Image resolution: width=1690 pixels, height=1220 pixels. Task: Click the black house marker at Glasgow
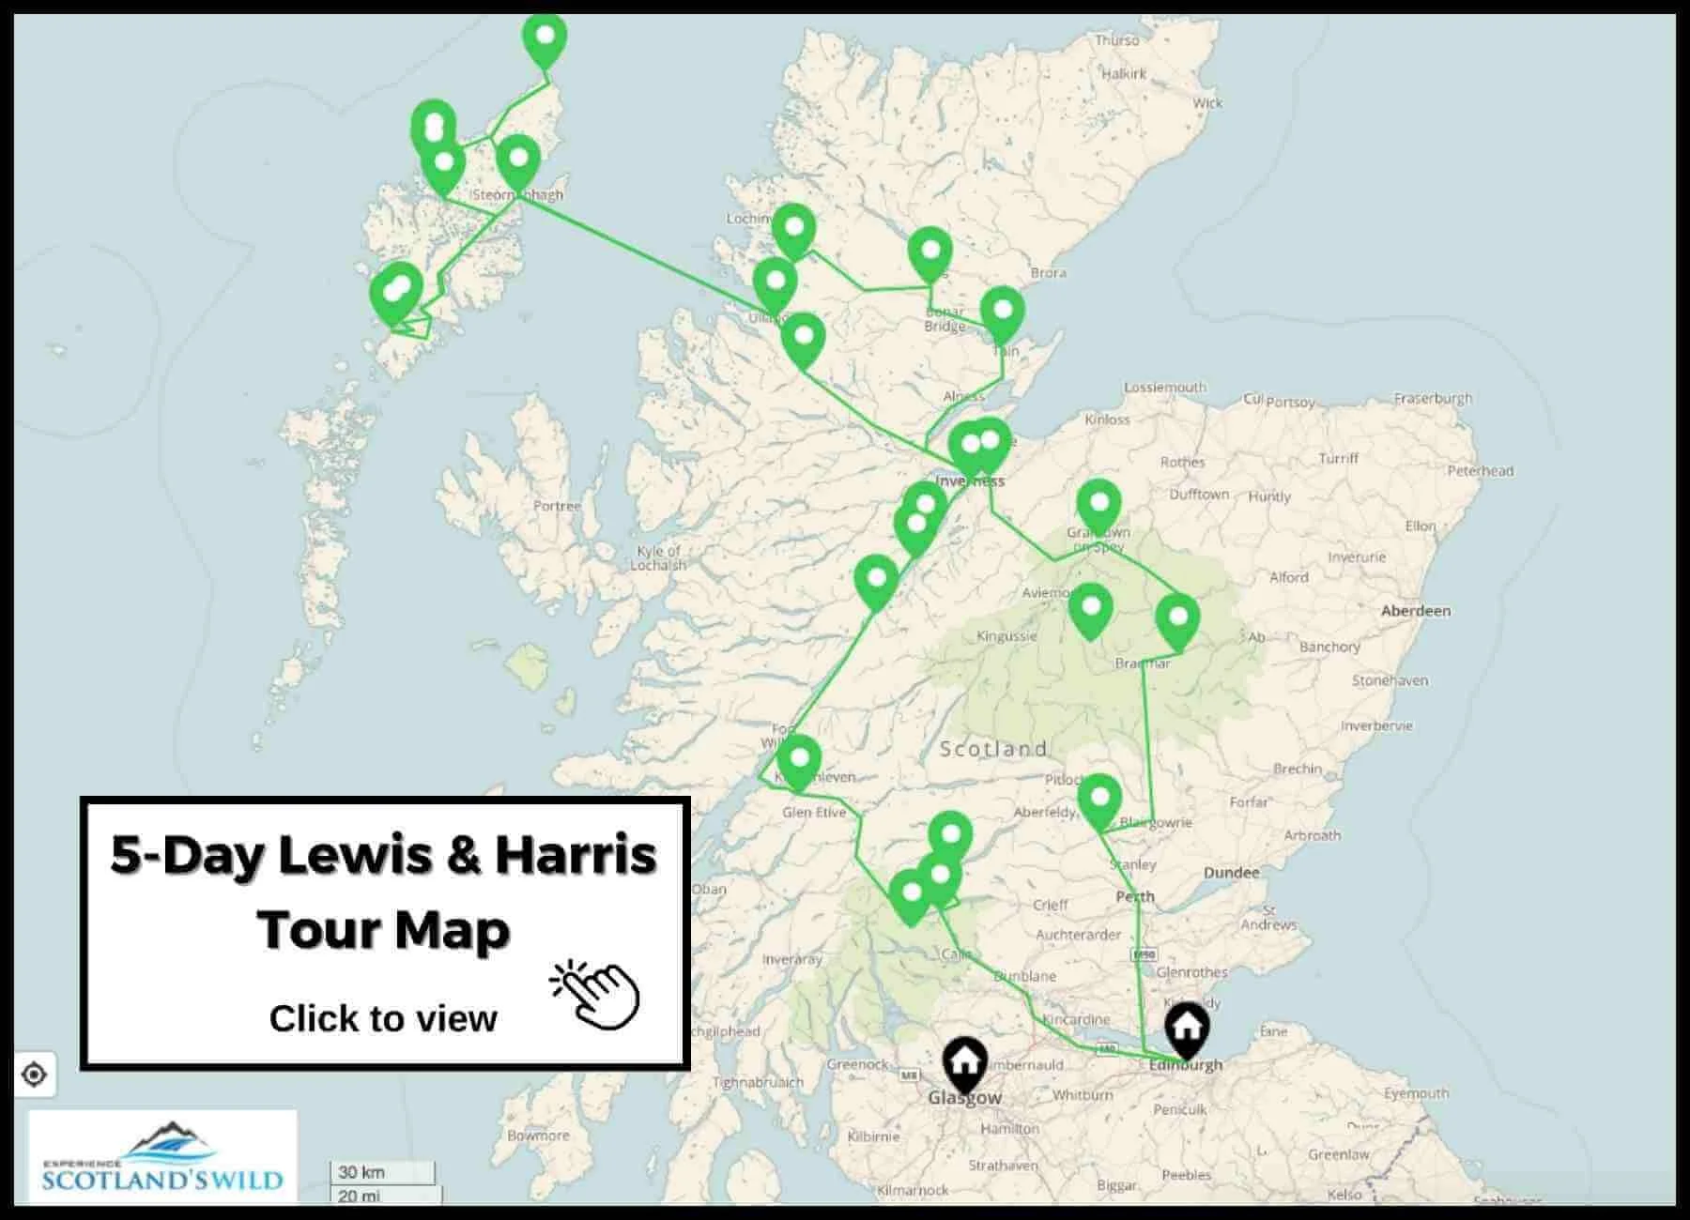(x=964, y=1063)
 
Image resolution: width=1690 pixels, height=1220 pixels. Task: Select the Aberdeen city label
(x=1415, y=611)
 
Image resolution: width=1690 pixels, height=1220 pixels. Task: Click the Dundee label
(x=1231, y=873)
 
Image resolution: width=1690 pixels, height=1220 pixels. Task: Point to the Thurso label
(x=1116, y=40)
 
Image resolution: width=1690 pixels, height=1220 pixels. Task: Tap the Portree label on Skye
(x=557, y=506)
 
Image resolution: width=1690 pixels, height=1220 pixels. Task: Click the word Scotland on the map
(x=992, y=749)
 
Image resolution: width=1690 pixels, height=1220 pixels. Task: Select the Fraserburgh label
(x=1433, y=398)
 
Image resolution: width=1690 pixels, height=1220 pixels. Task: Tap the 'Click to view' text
(x=383, y=1018)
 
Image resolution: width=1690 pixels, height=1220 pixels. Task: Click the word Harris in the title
(x=576, y=855)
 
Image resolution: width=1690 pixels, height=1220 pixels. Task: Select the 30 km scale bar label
(x=361, y=1172)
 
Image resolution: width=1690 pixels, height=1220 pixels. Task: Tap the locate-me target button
(x=35, y=1075)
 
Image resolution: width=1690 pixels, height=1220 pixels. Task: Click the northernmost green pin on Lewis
(x=545, y=38)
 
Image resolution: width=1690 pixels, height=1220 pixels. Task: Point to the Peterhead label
(x=1481, y=471)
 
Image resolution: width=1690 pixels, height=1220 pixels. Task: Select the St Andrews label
(x=1268, y=918)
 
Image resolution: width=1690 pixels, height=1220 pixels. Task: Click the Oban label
(x=709, y=889)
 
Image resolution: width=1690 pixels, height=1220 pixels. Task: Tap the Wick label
(x=1207, y=103)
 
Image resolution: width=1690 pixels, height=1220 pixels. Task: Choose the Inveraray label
(x=791, y=959)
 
